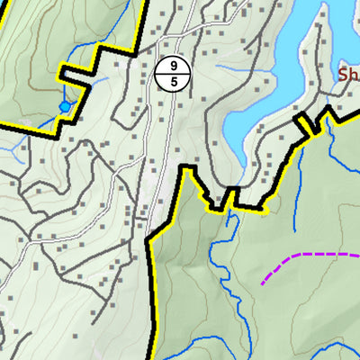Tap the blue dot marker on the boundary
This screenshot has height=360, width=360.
[x=64, y=107]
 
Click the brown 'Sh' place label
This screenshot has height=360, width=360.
[x=347, y=75]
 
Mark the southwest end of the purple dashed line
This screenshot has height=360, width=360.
[x=263, y=284]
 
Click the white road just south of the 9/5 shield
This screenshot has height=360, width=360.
[x=167, y=117]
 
